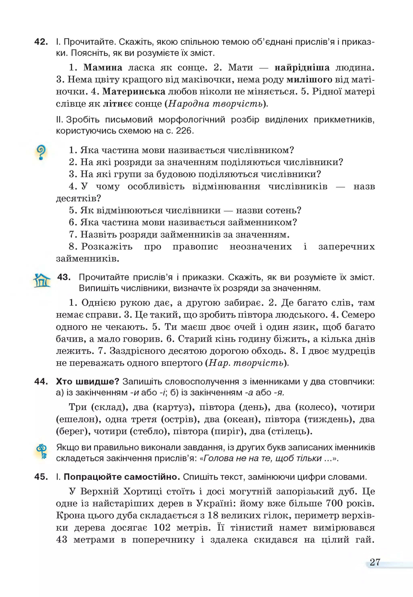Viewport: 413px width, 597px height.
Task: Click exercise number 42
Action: coord(41,42)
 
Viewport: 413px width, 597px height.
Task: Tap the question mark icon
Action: coord(41,152)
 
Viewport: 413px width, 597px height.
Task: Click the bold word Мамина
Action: coord(103,67)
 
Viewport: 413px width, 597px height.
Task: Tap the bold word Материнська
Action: coord(134,91)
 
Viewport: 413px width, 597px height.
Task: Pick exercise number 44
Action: coord(41,381)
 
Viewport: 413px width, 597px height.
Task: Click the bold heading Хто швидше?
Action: coord(87,381)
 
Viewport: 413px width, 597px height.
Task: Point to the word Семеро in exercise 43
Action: coord(358,315)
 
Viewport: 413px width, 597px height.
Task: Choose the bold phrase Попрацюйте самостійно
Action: coord(122,477)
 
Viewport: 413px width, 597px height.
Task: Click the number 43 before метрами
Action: coord(62,539)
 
